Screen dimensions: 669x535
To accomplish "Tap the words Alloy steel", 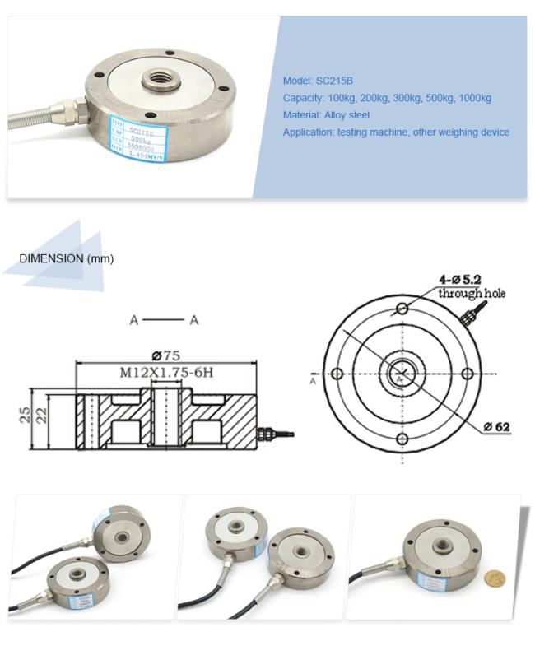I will tap(347, 115).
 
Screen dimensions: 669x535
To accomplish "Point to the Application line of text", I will tap(396, 132).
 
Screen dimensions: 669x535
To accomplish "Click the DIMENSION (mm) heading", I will tap(67, 258).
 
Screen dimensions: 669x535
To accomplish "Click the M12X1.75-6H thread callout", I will tap(167, 373).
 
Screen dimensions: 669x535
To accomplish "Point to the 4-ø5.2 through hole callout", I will tap(471, 286).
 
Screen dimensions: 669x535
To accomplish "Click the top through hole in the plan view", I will tap(402, 309).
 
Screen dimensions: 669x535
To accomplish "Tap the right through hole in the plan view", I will tap(467, 374).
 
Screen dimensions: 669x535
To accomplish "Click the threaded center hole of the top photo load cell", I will tap(155, 80).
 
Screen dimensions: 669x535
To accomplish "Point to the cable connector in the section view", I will tap(272, 432).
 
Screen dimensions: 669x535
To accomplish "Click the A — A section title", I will tap(164, 319).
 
